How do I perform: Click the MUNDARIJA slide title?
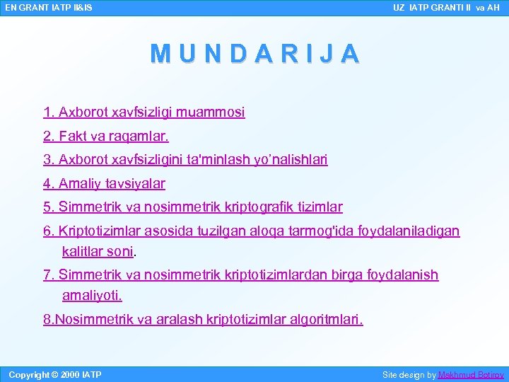point(255,54)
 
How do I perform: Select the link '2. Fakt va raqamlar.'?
point(106,135)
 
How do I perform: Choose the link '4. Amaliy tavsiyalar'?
point(104,184)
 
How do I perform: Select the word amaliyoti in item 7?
point(91,294)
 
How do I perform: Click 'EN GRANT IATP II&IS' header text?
point(48,8)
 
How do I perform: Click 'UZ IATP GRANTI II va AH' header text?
point(446,8)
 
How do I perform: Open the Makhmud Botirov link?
point(471,374)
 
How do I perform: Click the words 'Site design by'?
point(409,374)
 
